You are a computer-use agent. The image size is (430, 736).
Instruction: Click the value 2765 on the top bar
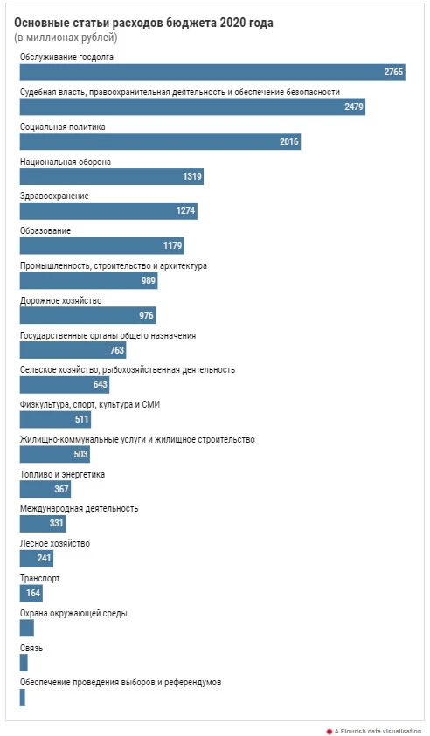click(393, 72)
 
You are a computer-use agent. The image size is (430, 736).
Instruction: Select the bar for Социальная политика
click(160, 141)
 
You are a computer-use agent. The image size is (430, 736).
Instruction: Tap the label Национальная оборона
click(66, 162)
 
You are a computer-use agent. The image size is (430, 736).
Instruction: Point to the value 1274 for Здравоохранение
click(185, 210)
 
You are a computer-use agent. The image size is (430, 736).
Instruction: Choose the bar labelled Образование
click(101, 246)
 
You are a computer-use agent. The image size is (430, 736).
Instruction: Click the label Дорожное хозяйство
click(60, 301)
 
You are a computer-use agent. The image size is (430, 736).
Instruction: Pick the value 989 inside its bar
click(149, 280)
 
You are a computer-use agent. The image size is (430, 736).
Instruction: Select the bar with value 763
click(73, 350)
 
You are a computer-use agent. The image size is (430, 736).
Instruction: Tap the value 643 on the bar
click(101, 384)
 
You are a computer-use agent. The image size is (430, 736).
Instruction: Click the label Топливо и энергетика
click(63, 475)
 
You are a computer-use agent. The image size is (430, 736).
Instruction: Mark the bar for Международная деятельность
click(43, 523)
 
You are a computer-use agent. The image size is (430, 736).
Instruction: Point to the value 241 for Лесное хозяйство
click(44, 558)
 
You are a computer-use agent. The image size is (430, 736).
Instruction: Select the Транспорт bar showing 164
click(31, 593)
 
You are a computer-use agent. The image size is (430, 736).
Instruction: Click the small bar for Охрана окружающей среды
click(27, 628)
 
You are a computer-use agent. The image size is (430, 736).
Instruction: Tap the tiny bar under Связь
click(24, 663)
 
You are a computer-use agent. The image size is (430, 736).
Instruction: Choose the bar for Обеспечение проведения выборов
click(22, 697)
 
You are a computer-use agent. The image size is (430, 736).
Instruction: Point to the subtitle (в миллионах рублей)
click(66, 38)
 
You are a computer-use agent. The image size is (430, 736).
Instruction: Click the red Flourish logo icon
click(329, 732)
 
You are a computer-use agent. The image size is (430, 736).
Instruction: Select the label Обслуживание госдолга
click(66, 58)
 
